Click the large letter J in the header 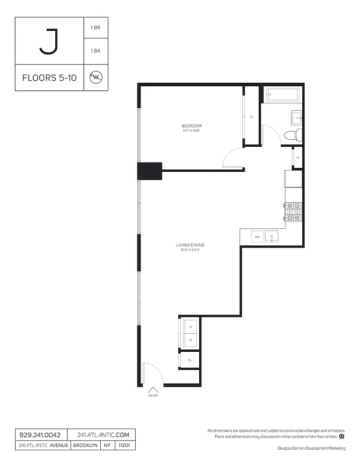pos(49,41)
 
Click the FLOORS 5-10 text pos(49,77)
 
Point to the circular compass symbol pos(95,77)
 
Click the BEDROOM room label pos(191,126)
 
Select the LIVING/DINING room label pos(190,245)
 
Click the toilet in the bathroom pos(292,136)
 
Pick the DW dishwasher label pos(256,236)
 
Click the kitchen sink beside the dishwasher pos(272,236)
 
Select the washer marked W pos(190,327)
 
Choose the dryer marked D pos(190,340)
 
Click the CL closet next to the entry pos(189,361)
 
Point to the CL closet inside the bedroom pos(252,116)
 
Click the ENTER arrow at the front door pos(153,391)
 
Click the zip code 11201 pos(124,445)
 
